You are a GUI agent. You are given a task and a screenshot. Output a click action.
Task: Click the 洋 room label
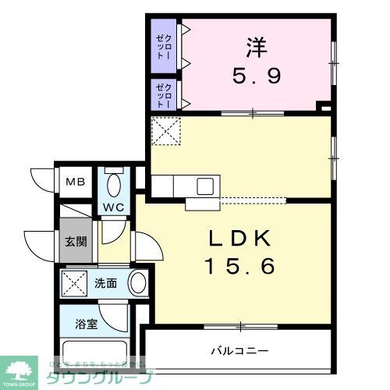tap(256, 48)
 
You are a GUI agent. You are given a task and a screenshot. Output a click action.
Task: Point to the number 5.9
tap(256, 76)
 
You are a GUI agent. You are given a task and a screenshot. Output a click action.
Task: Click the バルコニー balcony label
tap(239, 350)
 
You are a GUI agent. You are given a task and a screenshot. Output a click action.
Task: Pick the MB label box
tap(75, 183)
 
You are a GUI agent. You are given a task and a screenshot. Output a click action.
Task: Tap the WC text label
tap(113, 207)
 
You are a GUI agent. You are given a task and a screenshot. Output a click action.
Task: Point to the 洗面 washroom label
tap(106, 283)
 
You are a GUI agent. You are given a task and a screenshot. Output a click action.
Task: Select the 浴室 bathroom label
tap(87, 324)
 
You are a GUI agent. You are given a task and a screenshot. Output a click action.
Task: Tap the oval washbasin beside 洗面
tap(137, 282)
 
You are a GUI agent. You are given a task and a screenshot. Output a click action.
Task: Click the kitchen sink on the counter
tap(205, 186)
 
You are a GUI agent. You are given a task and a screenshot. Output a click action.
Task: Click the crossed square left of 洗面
tap(75, 283)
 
